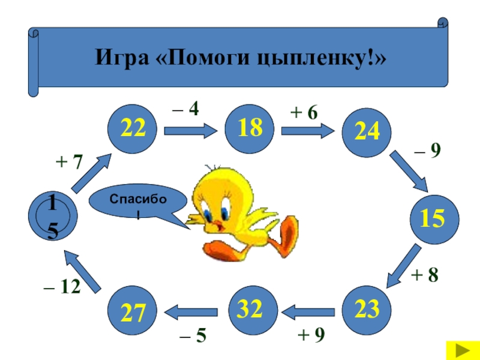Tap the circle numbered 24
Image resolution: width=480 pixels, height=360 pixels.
click(x=366, y=131)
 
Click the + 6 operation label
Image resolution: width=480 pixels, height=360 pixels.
click(x=304, y=113)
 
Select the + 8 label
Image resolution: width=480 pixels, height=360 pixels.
click(x=425, y=275)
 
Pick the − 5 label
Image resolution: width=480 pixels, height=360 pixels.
click(x=193, y=336)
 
